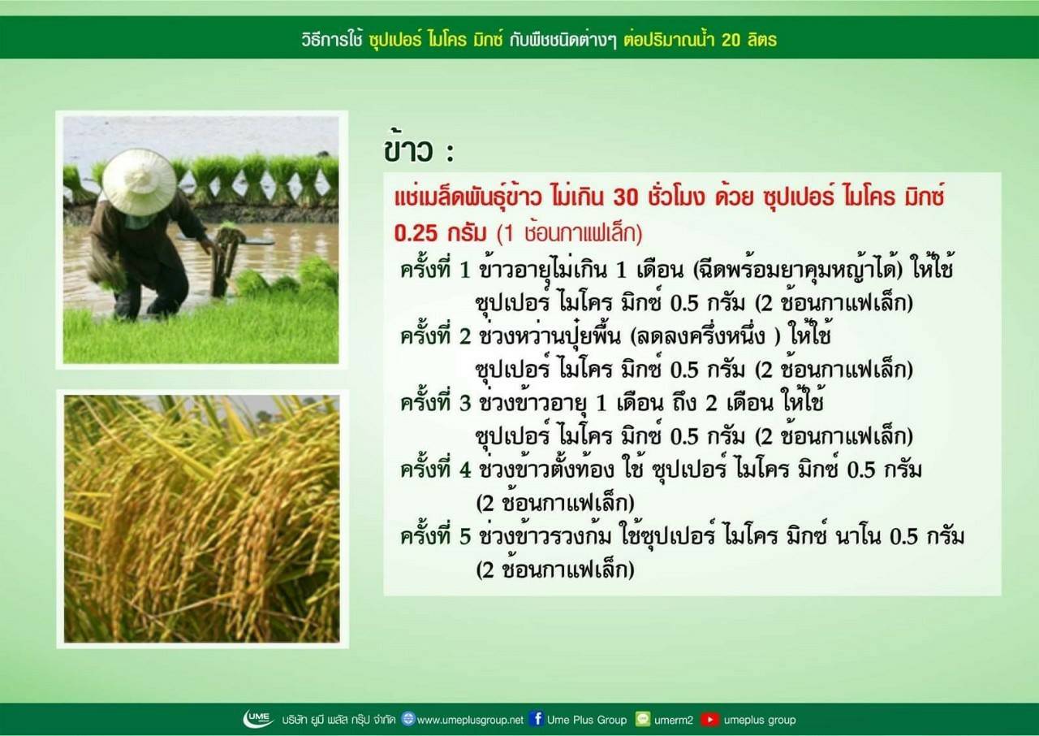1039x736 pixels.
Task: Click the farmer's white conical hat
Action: pos(139,181)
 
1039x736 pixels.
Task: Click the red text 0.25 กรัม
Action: pos(439,233)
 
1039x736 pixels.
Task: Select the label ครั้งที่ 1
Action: pos(436,269)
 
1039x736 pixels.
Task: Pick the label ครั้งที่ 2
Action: pos(436,335)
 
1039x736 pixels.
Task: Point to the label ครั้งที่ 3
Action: pos(436,402)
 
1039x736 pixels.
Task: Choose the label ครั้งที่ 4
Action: pos(436,469)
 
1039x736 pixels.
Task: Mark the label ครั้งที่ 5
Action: pos(436,535)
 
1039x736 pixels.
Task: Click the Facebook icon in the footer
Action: pos(537,719)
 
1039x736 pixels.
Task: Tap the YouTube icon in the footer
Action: pos(709,719)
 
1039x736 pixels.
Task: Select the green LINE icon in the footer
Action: pos(643,719)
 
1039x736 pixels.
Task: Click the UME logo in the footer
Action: pos(258,719)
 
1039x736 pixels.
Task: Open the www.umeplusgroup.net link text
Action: pos(470,721)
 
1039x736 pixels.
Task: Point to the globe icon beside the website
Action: pos(408,719)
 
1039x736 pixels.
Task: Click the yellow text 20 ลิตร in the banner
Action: pos(748,41)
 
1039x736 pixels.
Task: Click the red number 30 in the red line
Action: pos(626,198)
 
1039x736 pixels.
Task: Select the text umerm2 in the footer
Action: pos(674,721)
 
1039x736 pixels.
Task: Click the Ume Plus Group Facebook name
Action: pos(587,720)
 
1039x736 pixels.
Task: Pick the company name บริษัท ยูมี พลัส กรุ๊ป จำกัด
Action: pos(338,720)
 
